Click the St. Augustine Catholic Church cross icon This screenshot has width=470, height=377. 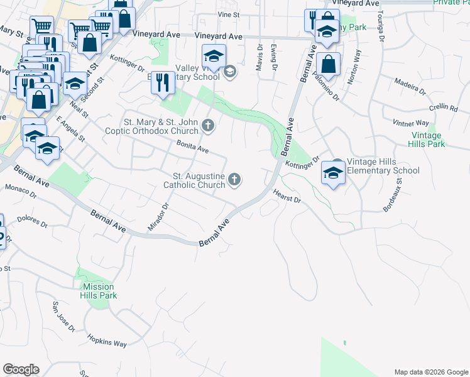(x=234, y=180)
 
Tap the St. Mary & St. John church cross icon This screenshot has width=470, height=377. (x=209, y=126)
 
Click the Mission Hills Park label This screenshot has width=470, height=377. (x=99, y=291)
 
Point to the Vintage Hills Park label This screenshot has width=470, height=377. (x=428, y=139)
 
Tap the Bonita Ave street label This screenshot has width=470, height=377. (x=192, y=148)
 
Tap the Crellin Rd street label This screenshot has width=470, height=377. (x=444, y=107)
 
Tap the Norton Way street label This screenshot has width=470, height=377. (x=354, y=63)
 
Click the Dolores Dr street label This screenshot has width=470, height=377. (x=33, y=222)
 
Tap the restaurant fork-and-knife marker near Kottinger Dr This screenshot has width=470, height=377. (x=163, y=82)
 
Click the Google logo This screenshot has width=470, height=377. (x=21, y=369)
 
